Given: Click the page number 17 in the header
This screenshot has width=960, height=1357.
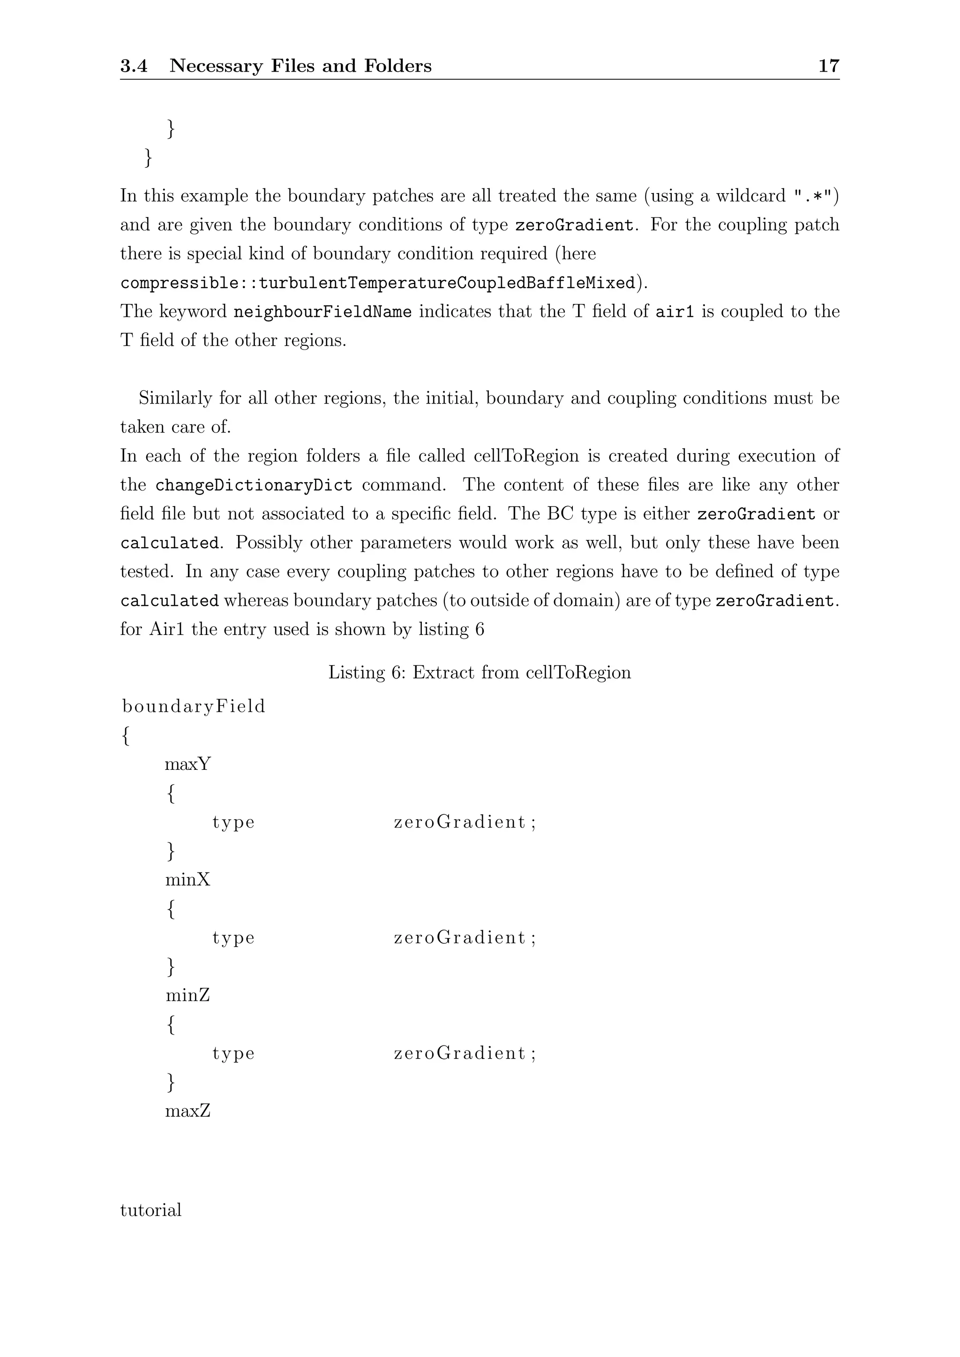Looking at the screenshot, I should point(828,66).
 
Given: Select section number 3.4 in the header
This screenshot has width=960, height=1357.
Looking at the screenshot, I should point(134,66).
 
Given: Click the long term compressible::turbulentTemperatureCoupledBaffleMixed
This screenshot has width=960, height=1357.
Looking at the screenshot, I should point(377,283).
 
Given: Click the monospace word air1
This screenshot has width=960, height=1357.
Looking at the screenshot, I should point(674,312).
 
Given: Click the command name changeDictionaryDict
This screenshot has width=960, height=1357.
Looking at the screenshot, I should point(254,485).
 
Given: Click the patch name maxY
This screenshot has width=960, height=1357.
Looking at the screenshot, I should point(188,764).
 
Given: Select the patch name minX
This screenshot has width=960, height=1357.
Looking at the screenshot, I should point(188,880).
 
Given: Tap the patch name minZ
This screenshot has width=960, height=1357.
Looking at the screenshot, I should point(188,995).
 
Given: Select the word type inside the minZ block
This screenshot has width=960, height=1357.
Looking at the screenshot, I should point(233,1054).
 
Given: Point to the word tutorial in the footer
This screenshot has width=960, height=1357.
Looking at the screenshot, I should point(151,1210).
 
